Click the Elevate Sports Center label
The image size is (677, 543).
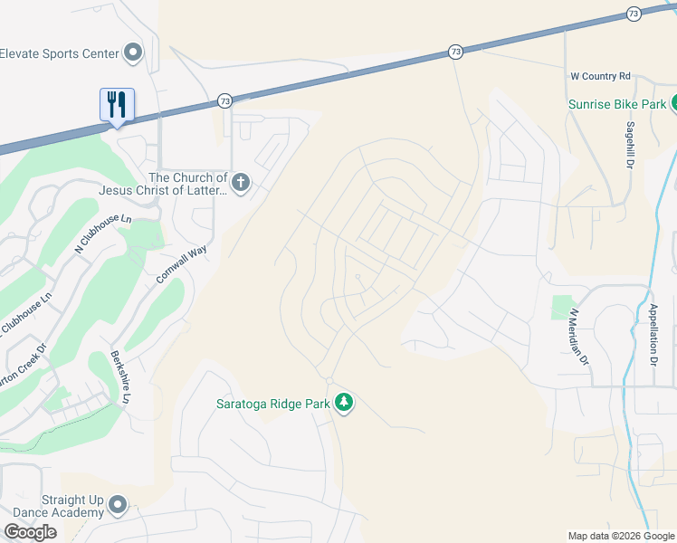click(60, 53)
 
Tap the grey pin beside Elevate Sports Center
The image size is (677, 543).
click(134, 52)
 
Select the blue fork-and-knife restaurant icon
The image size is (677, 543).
click(117, 104)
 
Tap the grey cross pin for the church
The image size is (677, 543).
click(240, 185)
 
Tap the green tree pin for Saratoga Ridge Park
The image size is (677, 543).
click(343, 402)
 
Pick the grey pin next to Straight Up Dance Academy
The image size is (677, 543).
click(118, 505)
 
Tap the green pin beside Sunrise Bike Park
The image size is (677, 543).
click(673, 104)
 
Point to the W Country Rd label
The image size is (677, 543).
click(599, 77)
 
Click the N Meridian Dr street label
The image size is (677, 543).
click(579, 336)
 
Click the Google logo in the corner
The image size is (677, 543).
click(30, 532)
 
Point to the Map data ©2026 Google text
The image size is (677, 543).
click(621, 536)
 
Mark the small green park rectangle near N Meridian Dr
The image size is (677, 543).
click(563, 307)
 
